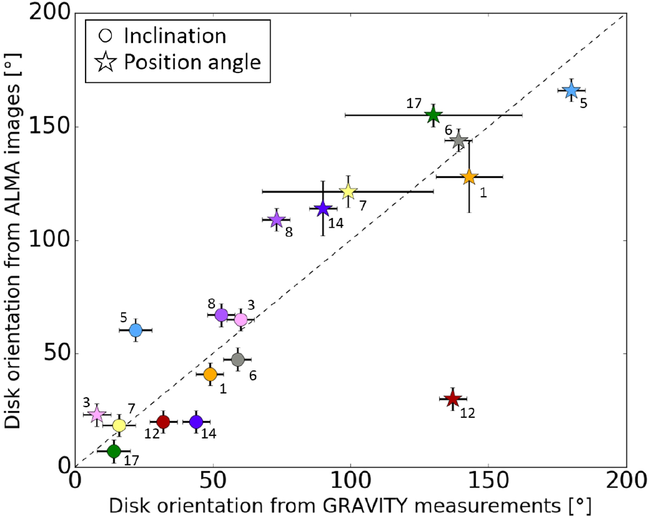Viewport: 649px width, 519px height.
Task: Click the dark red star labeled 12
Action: tap(453, 399)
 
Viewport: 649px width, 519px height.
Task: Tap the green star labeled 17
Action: tap(433, 115)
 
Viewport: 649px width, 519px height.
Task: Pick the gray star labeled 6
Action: tap(458, 141)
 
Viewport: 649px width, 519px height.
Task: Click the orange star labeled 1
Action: tap(469, 177)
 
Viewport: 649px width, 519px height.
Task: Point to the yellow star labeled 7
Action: tap(348, 191)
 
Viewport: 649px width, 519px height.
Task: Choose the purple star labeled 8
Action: tap(276, 219)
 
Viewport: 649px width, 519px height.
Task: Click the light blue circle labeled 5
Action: tap(136, 330)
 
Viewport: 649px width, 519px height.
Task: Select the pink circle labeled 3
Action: tap(241, 320)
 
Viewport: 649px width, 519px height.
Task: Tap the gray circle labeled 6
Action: tap(237, 359)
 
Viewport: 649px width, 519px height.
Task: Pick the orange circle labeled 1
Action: tap(210, 374)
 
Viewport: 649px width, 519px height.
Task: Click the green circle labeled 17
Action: tap(114, 450)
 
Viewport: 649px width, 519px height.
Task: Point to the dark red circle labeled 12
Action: tap(163, 422)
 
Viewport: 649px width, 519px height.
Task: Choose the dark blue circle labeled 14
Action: tap(196, 422)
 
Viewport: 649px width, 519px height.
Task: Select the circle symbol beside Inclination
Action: tap(105, 36)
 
